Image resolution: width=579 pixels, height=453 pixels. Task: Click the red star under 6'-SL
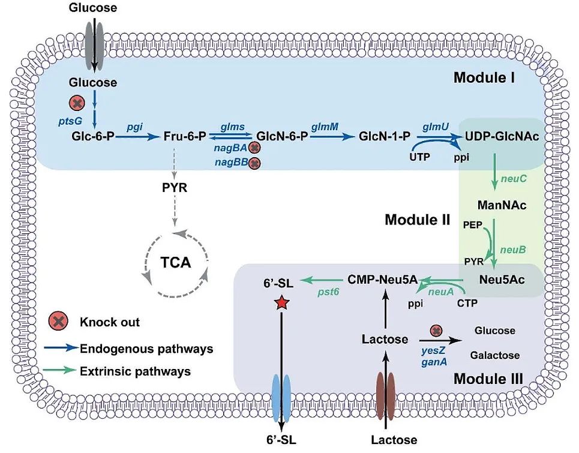[281, 303]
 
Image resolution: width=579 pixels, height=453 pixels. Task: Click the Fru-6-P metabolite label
[185, 137]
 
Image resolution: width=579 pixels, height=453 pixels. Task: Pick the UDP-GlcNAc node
[502, 137]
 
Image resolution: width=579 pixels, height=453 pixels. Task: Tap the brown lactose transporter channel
[385, 397]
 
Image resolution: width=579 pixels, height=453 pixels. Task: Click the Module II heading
[417, 220]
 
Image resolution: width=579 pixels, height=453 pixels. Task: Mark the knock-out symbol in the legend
[59, 322]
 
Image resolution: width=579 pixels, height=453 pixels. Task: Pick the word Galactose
[495, 355]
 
